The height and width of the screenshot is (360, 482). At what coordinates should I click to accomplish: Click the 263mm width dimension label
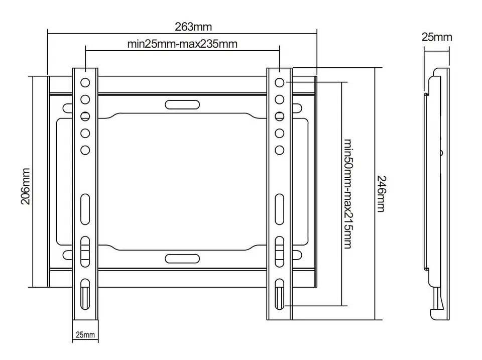tap(193, 27)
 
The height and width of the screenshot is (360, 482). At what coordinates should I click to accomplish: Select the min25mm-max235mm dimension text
tap(182, 44)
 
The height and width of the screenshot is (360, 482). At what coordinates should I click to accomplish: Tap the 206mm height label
tap(26, 186)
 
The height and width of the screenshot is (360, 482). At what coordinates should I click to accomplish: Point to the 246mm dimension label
tap(381, 194)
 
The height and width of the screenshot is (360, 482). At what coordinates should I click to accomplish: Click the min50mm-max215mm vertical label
tap(347, 194)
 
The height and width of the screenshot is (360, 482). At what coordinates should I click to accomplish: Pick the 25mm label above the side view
tap(436, 37)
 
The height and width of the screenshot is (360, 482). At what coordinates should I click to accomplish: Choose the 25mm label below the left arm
tap(85, 335)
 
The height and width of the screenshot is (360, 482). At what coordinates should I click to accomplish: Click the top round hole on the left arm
tap(85, 82)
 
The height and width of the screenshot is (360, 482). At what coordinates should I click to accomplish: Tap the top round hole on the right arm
tap(280, 82)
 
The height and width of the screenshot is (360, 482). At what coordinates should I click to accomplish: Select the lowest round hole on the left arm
tap(85, 150)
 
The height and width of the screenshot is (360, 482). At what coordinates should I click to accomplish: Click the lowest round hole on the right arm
tap(280, 150)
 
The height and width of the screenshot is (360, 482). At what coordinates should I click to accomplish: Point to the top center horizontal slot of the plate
tap(182, 104)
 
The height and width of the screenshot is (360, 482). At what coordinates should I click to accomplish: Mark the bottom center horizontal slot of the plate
tap(182, 259)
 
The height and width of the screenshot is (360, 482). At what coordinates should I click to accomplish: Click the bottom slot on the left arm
tap(85, 294)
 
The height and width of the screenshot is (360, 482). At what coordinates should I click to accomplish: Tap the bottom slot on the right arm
tap(280, 294)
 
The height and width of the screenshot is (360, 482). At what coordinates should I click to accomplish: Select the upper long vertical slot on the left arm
tap(85, 209)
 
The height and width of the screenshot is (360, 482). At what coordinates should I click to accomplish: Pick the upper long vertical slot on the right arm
tap(280, 209)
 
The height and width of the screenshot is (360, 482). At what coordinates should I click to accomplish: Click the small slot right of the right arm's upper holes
tap(297, 108)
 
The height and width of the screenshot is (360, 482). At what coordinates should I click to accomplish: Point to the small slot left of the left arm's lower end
tap(67, 255)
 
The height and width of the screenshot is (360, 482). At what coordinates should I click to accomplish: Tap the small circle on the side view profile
tap(441, 153)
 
